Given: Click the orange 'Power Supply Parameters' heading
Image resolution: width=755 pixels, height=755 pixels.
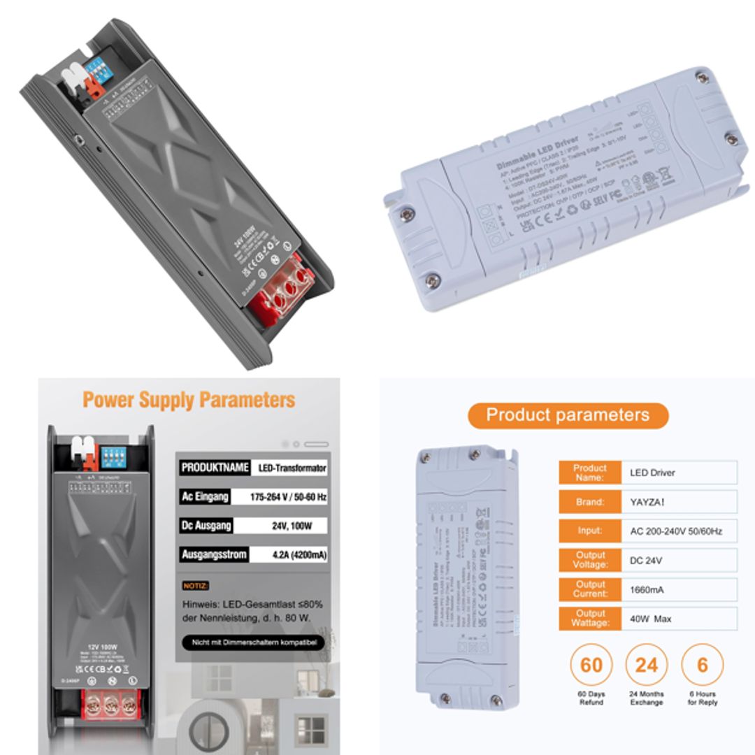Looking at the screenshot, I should coord(189,400).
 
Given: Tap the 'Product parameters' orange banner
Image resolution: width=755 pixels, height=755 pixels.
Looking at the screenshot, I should coord(568,415).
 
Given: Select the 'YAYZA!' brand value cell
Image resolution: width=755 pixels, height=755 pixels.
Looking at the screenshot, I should coord(678,502).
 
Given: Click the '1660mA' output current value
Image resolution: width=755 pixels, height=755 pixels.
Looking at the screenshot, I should coord(678,589).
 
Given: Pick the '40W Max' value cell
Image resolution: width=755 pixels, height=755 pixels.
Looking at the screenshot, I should coord(678,619).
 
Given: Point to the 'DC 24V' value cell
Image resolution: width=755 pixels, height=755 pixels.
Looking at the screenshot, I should coord(678,560).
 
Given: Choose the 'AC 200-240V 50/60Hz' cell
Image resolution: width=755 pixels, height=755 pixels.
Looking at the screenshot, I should coord(678,531).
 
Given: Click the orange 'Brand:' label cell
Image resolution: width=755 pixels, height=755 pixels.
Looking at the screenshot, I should coord(589,502).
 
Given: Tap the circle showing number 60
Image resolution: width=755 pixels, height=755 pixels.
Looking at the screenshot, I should coord(591,664).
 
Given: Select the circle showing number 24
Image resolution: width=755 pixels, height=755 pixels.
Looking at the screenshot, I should coord(647,664).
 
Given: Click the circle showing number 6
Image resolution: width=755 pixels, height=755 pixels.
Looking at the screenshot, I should coord(702,664).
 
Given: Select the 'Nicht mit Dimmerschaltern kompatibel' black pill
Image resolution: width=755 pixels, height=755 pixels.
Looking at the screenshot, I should coord(253,642).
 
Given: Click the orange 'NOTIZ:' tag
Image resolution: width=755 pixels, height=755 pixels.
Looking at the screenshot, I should coord(196,585).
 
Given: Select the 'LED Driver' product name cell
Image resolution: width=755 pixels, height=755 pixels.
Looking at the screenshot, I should coord(678,473).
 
